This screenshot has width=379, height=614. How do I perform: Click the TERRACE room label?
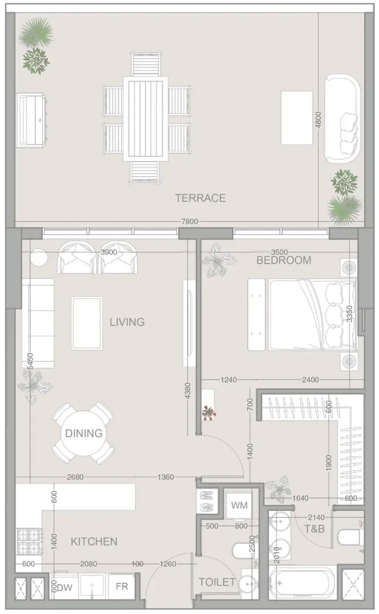[200, 198]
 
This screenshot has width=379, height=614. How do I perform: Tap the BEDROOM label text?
[284, 260]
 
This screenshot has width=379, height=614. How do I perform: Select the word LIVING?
[127, 322]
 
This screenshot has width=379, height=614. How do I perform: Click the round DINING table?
[84, 433]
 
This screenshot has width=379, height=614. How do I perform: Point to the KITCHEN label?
[94, 541]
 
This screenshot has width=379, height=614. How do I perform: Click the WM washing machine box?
[239, 505]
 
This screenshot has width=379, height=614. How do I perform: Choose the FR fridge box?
[122, 586]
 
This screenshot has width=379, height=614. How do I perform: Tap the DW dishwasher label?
[65, 587]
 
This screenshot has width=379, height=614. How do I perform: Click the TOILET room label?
[217, 582]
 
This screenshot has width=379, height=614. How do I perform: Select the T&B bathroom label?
[314, 529]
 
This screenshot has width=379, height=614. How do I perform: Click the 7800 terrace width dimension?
[189, 221]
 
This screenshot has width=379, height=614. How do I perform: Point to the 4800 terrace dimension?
[318, 120]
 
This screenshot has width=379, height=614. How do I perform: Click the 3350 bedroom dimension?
[350, 314]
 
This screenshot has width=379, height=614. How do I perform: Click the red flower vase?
[208, 412]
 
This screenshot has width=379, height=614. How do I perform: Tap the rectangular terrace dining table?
[146, 119]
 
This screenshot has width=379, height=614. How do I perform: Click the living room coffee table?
[87, 323]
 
